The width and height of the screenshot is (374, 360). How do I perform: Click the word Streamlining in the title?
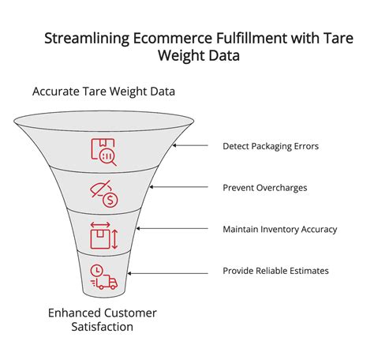pos(82,38)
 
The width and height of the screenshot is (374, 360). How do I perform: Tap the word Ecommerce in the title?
pos(158,38)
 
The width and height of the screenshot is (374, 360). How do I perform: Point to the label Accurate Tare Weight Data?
pos(103,92)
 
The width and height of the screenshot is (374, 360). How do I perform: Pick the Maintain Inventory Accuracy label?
pos(280,230)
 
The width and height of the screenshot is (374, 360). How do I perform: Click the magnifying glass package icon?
pos(104,152)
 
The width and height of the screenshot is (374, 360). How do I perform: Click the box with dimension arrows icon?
pos(104,236)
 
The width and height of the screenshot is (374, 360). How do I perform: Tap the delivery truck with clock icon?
pos(103,277)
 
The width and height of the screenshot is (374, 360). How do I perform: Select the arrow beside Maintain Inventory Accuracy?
pos(150,230)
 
